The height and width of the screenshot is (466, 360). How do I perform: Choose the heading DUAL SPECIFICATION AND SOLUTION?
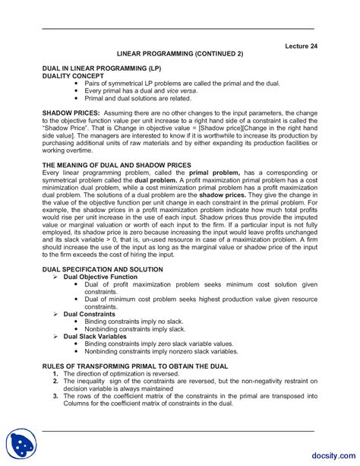point(103,269)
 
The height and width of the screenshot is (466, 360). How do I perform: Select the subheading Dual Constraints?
point(88,313)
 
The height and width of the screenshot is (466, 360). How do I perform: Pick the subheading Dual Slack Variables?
point(95,335)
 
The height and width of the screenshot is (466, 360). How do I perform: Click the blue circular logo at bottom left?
point(22,443)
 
